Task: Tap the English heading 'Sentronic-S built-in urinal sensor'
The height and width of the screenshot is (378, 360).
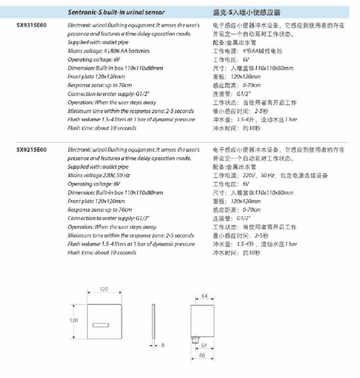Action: coord(116,12)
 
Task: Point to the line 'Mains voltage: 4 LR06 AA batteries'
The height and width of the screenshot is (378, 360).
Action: coord(108,51)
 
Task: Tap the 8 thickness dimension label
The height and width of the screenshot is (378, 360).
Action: coord(163,345)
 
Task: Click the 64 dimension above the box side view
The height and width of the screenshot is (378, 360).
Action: coord(204,297)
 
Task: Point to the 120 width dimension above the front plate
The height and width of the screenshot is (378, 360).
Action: coord(103,289)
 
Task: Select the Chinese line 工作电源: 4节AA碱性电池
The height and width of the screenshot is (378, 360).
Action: coord(247,51)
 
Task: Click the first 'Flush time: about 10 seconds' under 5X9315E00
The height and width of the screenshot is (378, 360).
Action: coord(102,128)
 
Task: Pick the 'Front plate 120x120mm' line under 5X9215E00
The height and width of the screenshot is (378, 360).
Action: coord(96,201)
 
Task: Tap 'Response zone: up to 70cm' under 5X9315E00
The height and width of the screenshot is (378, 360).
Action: coord(100,85)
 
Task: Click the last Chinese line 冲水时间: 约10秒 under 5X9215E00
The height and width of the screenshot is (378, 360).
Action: coord(236,253)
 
